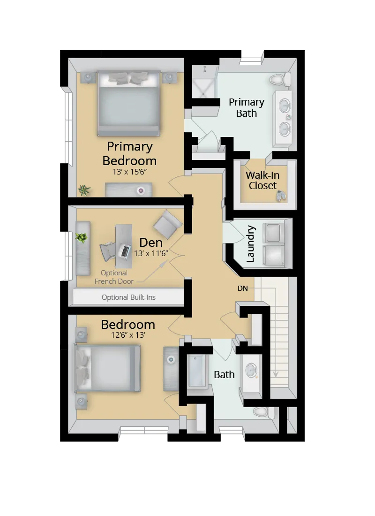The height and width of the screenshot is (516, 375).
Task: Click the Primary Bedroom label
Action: pos(129,153)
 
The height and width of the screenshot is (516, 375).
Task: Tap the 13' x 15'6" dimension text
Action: pos(129,172)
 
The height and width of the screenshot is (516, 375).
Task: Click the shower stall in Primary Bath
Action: pos(204,82)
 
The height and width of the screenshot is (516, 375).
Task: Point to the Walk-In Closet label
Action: pos(262,180)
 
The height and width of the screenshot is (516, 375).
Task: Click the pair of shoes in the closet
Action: pos(281,196)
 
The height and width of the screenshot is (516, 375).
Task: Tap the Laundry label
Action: pos(250,243)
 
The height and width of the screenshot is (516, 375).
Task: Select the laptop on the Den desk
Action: pos(125,251)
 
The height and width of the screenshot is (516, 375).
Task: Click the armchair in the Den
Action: pos(167,224)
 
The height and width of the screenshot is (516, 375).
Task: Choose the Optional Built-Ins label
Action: pos(128,297)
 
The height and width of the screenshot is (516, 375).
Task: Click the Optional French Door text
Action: pos(114,277)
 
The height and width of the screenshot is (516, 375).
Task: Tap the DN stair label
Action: pos(242,288)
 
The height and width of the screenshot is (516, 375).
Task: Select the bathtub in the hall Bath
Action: pos(197,371)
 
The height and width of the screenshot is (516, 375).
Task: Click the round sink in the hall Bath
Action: pos(253,370)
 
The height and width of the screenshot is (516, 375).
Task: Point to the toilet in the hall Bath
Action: pos(261,412)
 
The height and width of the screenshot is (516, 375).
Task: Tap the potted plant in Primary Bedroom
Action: pos(84,190)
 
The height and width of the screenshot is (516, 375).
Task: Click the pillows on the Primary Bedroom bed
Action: pos(128,78)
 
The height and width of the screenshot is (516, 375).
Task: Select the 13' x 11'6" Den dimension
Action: pos(151,253)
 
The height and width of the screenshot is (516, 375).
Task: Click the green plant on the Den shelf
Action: pos(82,238)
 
